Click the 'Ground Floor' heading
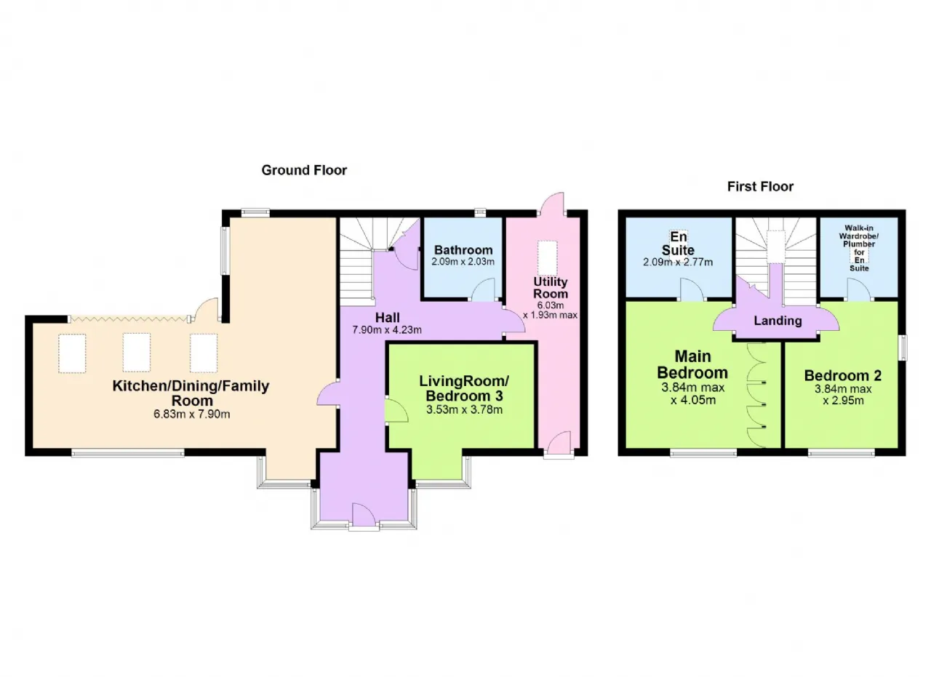point(304,170)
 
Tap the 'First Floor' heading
point(760,187)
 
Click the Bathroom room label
point(463,249)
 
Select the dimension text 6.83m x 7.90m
point(191,414)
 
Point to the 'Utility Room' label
point(551,287)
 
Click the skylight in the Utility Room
point(547,258)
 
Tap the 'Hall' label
point(388,318)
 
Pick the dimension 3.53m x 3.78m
point(464,410)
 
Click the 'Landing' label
point(778,321)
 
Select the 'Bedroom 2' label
point(842,375)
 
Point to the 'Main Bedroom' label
point(692,364)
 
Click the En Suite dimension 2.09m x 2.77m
point(678,263)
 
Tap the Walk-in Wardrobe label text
point(859,248)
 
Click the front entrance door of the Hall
point(364,516)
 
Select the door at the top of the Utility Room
point(552,204)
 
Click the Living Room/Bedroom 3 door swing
point(396,410)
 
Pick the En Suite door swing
point(692,289)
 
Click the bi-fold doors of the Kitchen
point(129,319)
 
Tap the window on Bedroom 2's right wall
point(904,348)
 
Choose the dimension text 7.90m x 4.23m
point(387,330)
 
